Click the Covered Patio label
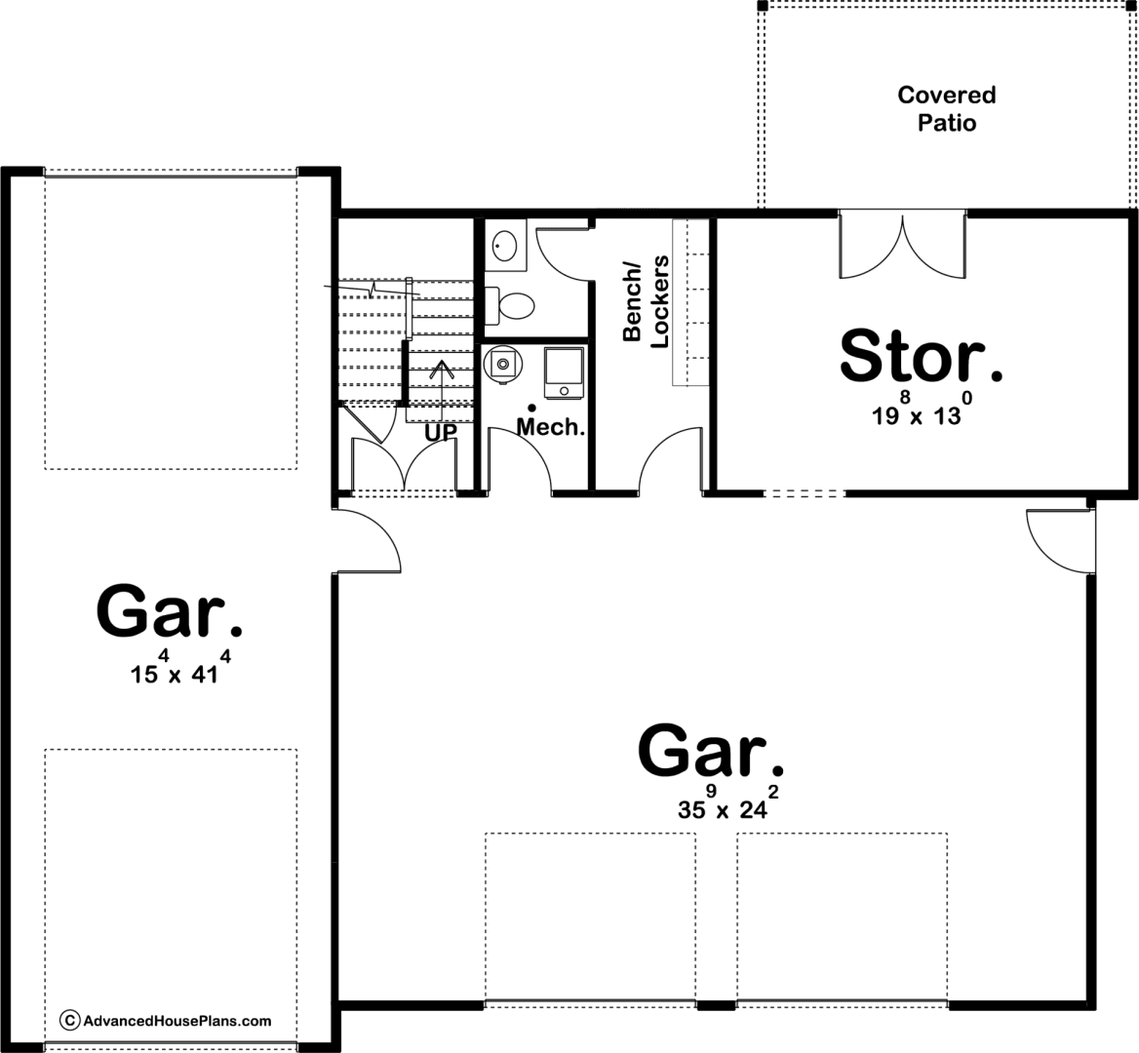(947, 108)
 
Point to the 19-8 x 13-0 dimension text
(922, 409)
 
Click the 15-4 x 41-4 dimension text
(180, 668)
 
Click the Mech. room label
(551, 427)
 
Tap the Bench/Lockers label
(646, 301)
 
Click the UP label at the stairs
(441, 433)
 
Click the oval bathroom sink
(504, 245)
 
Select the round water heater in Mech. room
(502, 363)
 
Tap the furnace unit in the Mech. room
(564, 372)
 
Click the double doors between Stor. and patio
(902, 246)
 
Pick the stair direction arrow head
(441, 370)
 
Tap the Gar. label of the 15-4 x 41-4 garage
(170, 611)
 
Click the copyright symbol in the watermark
(69, 1020)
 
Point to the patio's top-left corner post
(762, 6)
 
